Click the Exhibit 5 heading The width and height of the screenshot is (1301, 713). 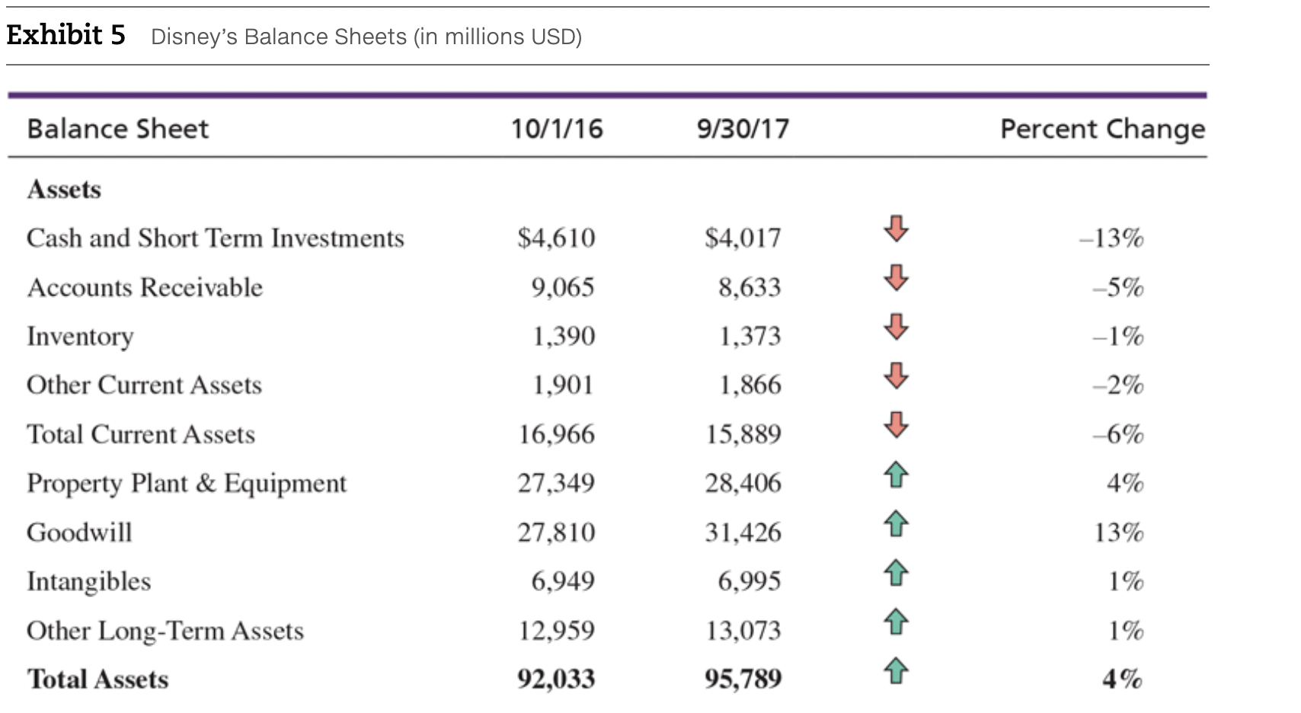[66, 35]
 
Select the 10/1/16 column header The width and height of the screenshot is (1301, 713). [556, 129]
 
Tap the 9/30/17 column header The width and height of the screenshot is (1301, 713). [743, 129]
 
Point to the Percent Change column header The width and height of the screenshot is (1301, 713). [1101, 129]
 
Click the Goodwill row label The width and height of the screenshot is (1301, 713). [79, 532]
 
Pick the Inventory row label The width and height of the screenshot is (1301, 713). [80, 336]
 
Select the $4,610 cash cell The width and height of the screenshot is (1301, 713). [556, 238]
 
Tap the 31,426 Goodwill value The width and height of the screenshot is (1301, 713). [743, 532]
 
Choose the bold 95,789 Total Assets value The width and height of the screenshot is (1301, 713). [743, 678]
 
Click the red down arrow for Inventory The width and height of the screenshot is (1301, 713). [897, 326]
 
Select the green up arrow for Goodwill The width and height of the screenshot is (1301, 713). [897, 523]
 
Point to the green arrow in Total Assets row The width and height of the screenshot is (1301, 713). [897, 670]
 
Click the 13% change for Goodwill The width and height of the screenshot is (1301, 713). [1118, 532]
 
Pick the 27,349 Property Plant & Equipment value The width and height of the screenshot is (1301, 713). [556, 483]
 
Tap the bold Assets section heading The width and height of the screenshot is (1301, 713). [64, 189]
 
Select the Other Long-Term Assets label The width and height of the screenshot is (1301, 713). [165, 630]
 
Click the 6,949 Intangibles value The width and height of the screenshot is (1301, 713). [562, 581]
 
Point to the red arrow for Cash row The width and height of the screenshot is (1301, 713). [897, 228]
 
